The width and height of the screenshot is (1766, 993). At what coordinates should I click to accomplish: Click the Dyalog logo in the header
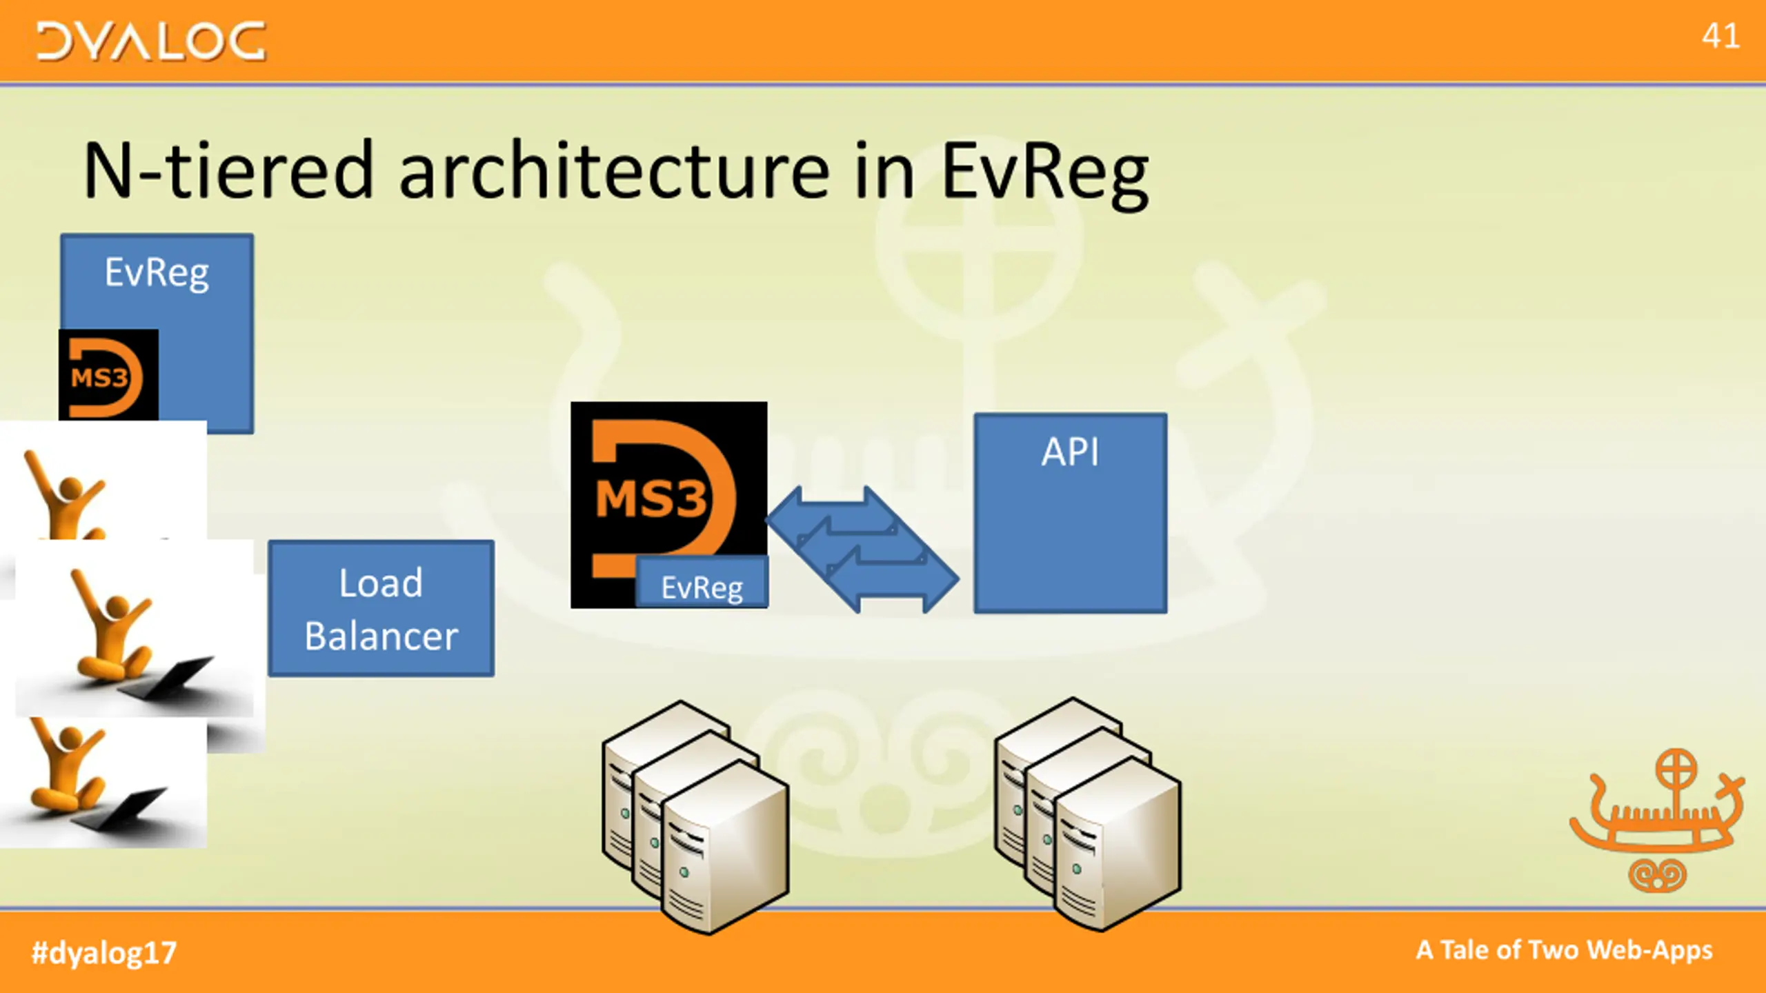150,41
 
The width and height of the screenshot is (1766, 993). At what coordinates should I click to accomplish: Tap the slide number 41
1720,36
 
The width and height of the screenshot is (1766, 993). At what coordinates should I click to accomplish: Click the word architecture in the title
614,171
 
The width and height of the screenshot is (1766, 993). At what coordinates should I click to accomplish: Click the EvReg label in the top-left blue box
157,273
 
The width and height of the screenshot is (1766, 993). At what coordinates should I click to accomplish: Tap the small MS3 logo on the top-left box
108,376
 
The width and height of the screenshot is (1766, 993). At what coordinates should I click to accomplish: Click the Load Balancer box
381,608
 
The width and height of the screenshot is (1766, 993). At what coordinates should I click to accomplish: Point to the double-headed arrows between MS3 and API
862,549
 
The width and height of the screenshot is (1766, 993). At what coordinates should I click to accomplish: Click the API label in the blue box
1069,452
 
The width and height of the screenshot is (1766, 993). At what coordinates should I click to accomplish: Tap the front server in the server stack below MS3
724,848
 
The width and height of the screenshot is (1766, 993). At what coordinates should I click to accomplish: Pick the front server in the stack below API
1118,845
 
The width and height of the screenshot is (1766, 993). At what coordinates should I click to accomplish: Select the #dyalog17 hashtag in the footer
104,952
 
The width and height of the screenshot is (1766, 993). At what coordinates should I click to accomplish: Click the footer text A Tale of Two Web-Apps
1564,950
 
